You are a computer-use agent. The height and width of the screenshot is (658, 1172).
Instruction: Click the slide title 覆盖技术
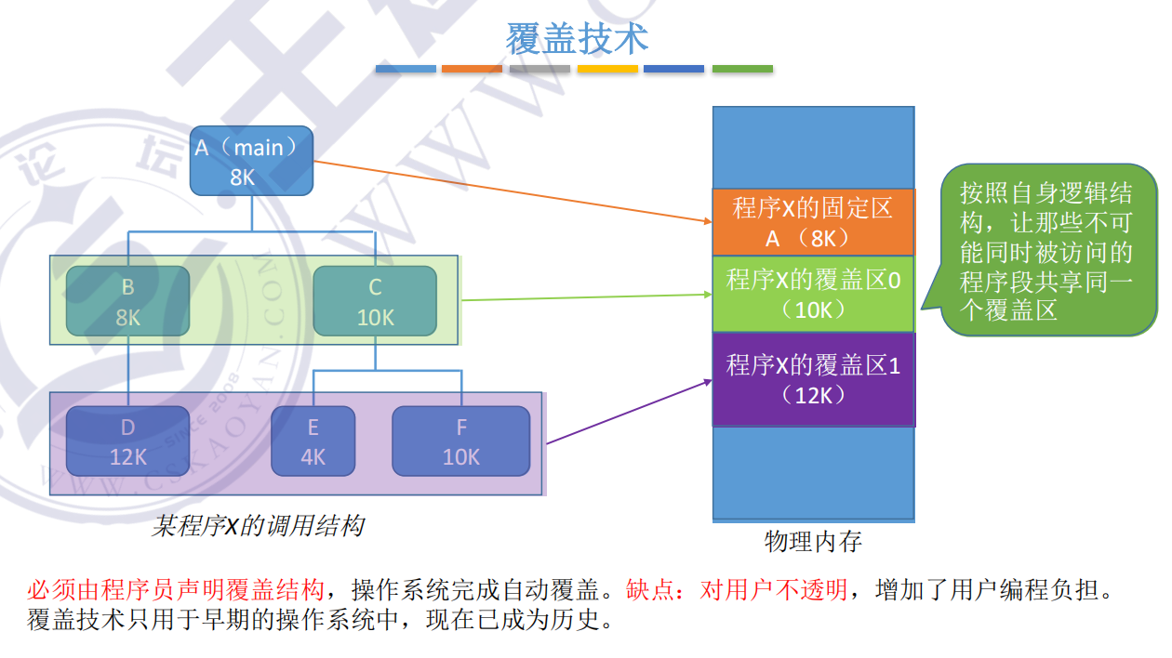pos(577,39)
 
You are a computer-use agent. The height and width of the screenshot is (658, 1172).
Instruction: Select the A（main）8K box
pos(251,161)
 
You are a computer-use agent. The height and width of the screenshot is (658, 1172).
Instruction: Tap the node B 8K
pos(127,301)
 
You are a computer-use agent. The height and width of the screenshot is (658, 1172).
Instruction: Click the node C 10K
pos(375,301)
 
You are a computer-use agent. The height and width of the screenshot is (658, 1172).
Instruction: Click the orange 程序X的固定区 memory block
pos(813,222)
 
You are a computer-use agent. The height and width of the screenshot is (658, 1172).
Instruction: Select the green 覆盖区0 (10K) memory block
pos(813,294)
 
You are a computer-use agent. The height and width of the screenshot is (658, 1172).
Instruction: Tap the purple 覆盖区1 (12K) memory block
pos(813,379)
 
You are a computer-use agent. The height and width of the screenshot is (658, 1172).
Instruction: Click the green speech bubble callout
pos(1047,251)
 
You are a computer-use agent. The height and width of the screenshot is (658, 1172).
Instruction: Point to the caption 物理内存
pos(813,541)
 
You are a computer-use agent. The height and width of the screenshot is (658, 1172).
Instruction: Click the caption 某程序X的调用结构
pos(258,527)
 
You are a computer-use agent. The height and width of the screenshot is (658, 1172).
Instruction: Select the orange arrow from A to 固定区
pos(512,191)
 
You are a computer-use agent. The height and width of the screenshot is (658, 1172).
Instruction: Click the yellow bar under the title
pos(607,69)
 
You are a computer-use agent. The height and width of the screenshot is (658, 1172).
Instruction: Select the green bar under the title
pos(742,69)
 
